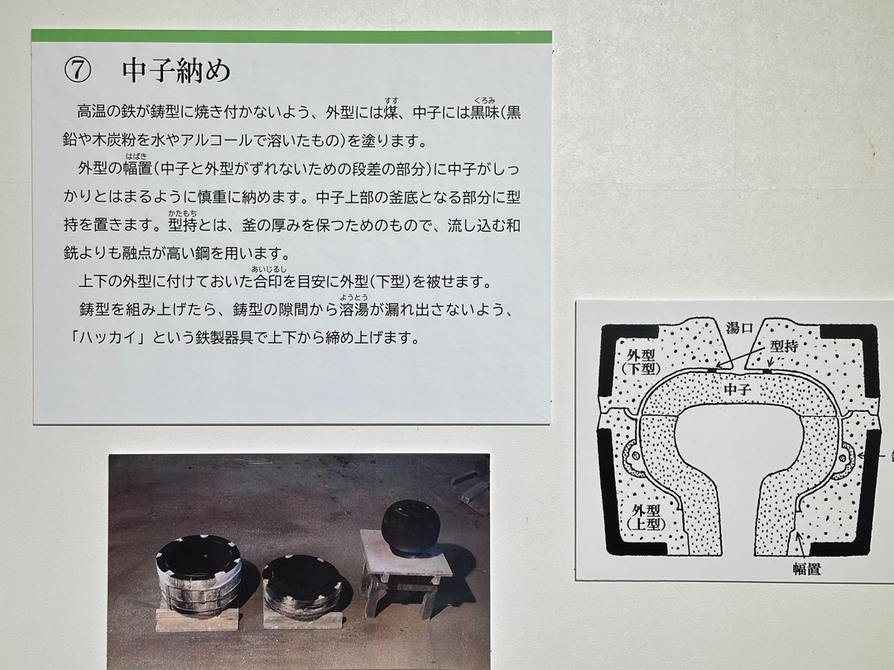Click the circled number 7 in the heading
[x=78, y=70]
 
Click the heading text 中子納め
[x=177, y=70]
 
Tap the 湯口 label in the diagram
[x=739, y=328]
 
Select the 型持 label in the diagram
[x=784, y=346]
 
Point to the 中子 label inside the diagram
[x=738, y=390]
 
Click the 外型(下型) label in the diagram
[x=641, y=361]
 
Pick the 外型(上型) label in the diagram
[x=646, y=517]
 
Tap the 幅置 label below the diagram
[x=806, y=568]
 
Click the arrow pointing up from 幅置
[x=802, y=545]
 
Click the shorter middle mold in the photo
[x=301, y=586]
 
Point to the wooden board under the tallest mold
[x=197, y=620]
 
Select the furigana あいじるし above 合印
[x=269, y=269]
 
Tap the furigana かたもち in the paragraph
[x=182, y=213]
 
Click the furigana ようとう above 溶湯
[x=353, y=297]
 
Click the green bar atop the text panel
[x=291, y=36]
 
